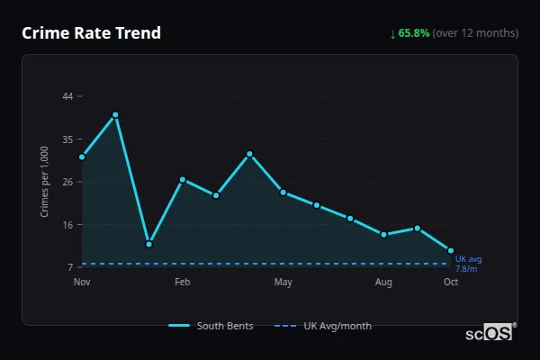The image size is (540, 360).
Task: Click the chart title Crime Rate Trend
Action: click(x=91, y=33)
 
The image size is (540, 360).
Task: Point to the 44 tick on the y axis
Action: click(x=67, y=95)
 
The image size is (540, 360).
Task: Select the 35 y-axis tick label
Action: click(x=67, y=139)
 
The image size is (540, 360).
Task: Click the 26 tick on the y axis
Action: click(x=67, y=182)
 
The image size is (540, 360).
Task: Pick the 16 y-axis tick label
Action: click(x=67, y=224)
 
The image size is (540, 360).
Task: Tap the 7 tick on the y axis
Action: click(x=70, y=267)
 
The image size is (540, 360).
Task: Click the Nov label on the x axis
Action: click(x=82, y=283)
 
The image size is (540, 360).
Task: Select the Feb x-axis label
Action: click(x=182, y=283)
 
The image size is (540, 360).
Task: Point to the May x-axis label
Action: click(x=283, y=283)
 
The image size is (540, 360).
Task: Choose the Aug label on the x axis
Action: click(x=383, y=283)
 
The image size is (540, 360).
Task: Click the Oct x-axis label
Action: click(x=451, y=283)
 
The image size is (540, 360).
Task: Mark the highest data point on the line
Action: click(x=115, y=115)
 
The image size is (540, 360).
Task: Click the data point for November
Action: click(x=82, y=157)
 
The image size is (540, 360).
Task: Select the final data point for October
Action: click(x=451, y=250)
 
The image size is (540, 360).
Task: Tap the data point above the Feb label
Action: click(x=182, y=180)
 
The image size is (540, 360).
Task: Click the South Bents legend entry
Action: click(x=211, y=326)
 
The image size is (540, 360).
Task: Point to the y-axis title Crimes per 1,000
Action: click(x=44, y=181)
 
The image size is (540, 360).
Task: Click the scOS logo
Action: click(x=490, y=333)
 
